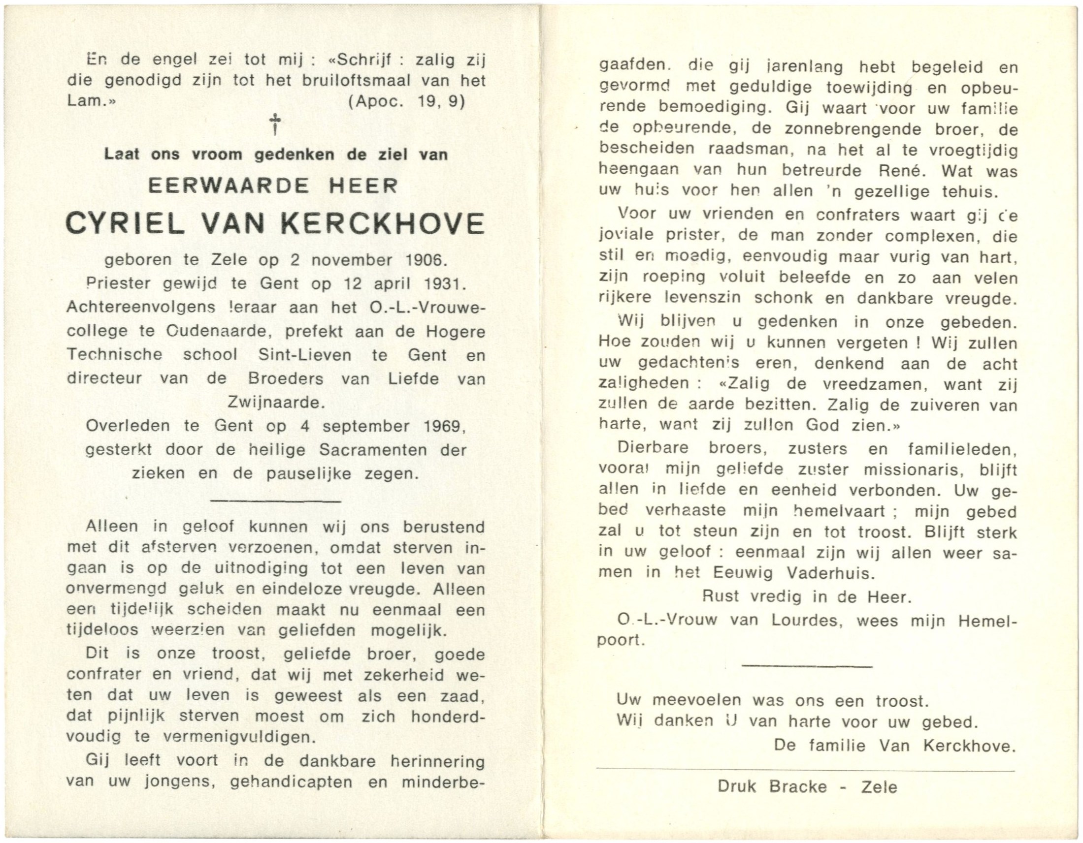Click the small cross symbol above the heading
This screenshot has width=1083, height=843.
(274, 125)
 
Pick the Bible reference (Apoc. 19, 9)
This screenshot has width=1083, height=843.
(406, 101)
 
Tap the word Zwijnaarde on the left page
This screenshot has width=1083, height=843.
(276, 402)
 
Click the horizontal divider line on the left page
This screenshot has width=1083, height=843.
(276, 501)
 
